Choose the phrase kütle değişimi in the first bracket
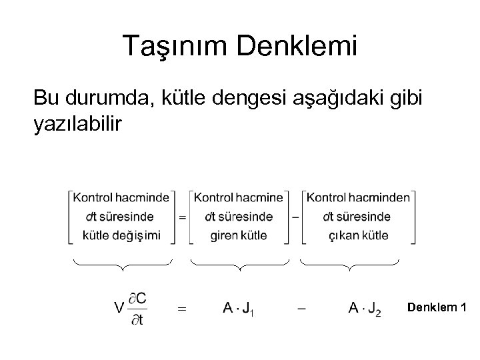pos(121,235)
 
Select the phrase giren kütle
pos(238,235)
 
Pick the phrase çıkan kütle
pos(359,235)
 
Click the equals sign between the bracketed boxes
pos(181,216)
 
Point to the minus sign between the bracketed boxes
pos(295,216)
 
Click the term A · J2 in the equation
pos(365,308)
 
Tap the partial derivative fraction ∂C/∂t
pos(139,308)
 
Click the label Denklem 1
pos(437,307)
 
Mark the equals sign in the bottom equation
pos(181,308)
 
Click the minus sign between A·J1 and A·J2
pos(301,308)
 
